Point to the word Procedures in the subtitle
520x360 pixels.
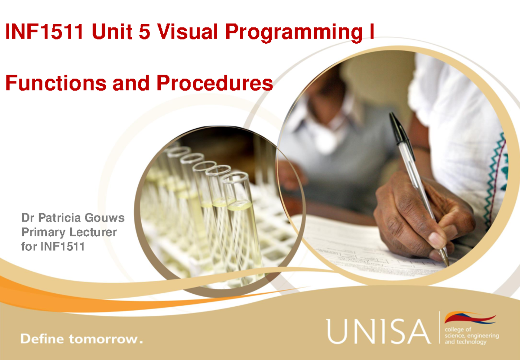click(215, 83)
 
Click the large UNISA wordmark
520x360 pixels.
click(379, 331)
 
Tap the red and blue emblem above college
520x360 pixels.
click(470, 318)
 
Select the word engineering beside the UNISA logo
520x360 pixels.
click(483, 336)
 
